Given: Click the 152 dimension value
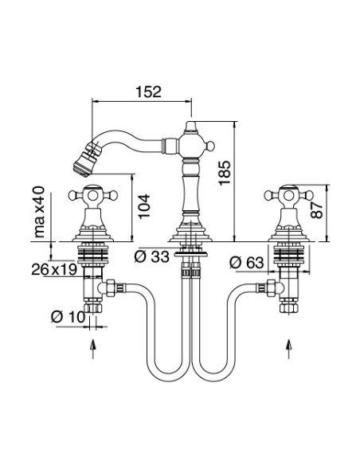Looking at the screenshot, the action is coord(149,92).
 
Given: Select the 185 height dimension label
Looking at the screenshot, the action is coord(225,173).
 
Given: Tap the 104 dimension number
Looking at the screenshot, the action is coord(144,206).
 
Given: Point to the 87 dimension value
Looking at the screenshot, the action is coord(317,209).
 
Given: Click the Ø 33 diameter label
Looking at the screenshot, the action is coord(151,256).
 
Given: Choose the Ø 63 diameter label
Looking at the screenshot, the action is coord(246,263).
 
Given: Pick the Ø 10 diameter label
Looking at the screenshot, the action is coord(68,317).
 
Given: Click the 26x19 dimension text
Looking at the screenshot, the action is coord(54,269).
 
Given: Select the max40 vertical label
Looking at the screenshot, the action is coord(39,212).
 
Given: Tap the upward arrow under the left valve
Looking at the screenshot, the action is coord(93,349).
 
